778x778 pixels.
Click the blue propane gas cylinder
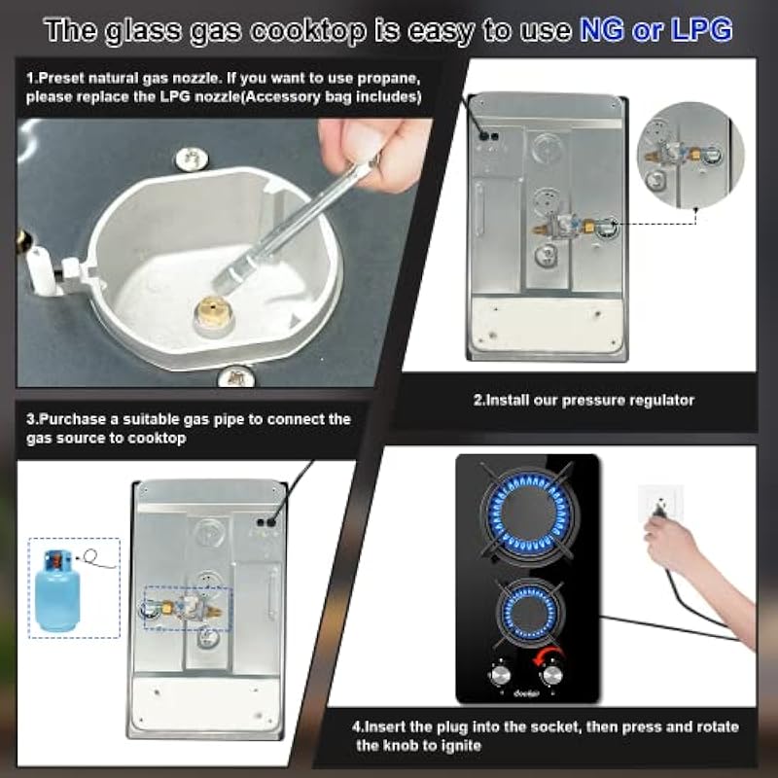click(x=57, y=590)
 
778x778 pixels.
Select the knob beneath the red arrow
click(x=551, y=675)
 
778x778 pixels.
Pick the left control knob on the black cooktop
click(x=499, y=675)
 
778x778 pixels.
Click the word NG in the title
click(x=601, y=29)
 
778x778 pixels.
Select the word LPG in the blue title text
click(x=701, y=29)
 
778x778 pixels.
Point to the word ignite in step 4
click(x=460, y=745)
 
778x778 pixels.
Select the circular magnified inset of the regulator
click(x=690, y=155)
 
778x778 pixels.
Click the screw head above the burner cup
click(x=192, y=159)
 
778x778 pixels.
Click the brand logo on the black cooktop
click(x=526, y=693)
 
